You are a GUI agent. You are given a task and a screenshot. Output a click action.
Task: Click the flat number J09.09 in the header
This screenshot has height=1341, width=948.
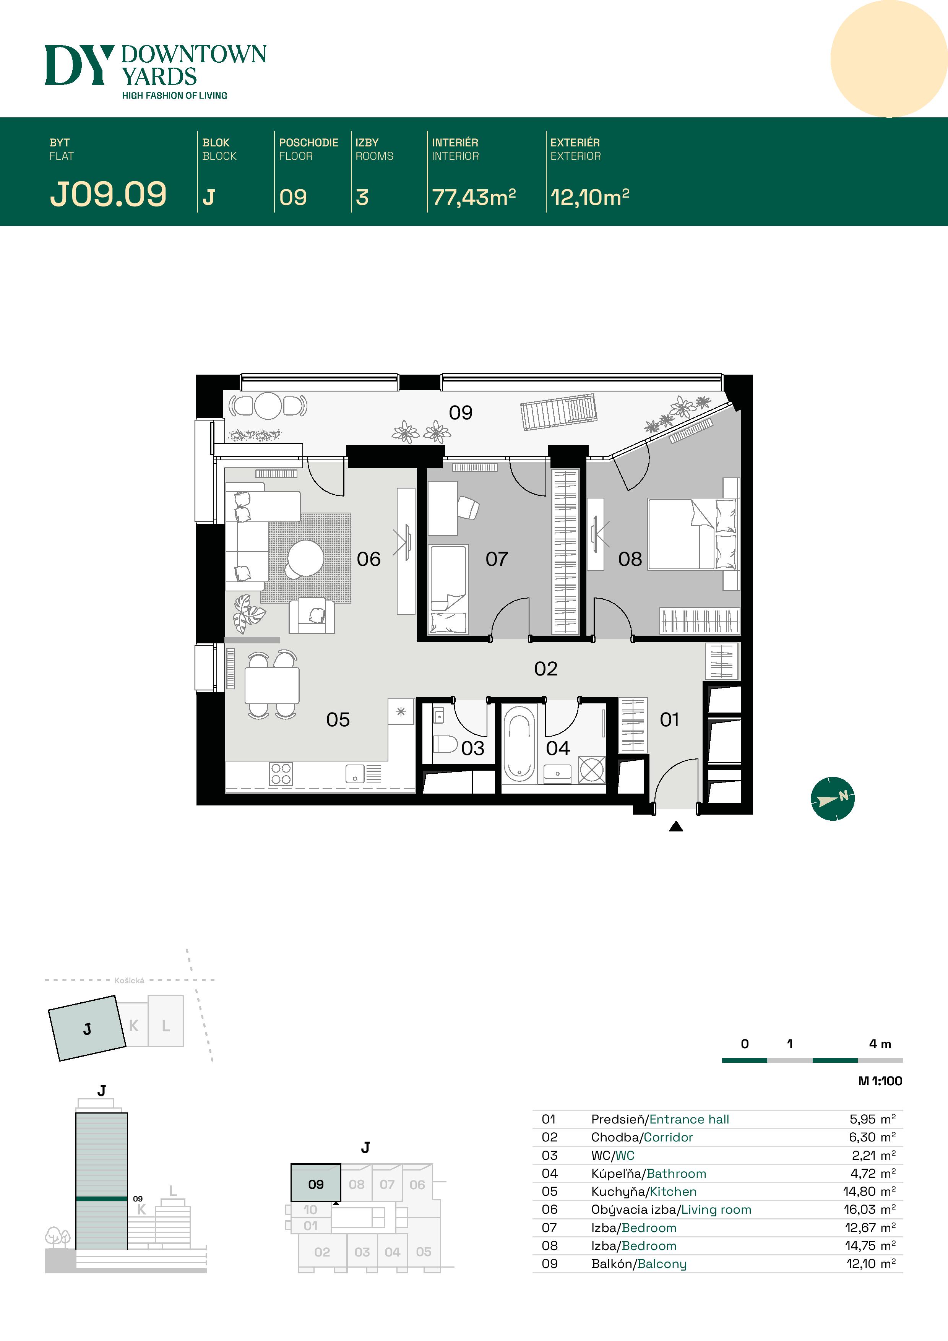click(108, 195)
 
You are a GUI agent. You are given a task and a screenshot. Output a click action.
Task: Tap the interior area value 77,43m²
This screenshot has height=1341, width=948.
click(473, 197)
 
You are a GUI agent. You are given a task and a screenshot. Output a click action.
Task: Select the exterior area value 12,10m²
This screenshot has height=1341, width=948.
click(589, 197)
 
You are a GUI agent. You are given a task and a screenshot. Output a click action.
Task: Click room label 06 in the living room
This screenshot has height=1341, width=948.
click(368, 559)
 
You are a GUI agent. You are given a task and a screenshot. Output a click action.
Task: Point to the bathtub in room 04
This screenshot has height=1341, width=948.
click(519, 744)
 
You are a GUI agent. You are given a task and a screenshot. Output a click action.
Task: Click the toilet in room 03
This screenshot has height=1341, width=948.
click(445, 744)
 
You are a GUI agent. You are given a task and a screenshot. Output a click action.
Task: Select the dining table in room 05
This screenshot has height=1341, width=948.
click(272, 685)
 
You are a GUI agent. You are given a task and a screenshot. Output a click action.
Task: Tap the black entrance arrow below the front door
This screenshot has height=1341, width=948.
click(676, 826)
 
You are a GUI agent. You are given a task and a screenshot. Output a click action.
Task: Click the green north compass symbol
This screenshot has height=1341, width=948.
click(832, 799)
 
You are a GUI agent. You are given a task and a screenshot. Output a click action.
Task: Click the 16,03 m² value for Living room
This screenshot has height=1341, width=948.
click(869, 1209)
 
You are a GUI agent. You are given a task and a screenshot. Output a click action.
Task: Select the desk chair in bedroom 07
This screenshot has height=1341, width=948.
click(468, 507)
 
